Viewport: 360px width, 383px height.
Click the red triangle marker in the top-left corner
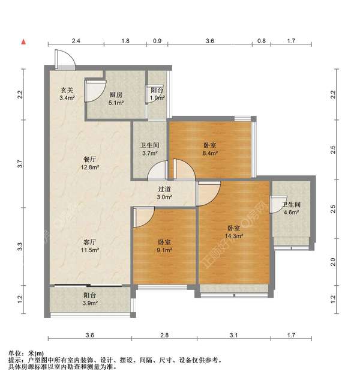(23, 41)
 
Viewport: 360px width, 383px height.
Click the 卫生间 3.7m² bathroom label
(149, 149)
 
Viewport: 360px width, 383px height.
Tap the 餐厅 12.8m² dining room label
(91, 164)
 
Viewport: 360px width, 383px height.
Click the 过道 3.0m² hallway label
(164, 193)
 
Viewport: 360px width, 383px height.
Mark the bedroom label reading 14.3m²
(234, 232)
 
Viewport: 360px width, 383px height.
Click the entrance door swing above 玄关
(63, 58)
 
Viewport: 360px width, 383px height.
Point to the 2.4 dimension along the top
(76, 41)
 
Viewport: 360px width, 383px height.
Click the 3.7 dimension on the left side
(20, 163)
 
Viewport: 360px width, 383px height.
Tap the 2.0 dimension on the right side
(333, 261)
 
